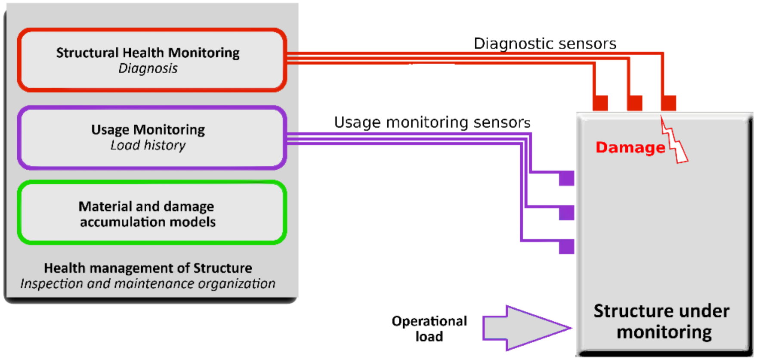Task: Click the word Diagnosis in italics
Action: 148,68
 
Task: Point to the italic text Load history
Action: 148,146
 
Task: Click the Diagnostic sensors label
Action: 545,43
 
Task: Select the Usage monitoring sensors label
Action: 432,122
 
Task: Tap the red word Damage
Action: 630,147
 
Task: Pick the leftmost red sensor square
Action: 600,103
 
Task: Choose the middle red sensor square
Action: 634,103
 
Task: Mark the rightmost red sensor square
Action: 668,103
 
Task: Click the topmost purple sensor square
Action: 567,178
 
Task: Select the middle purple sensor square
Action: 567,213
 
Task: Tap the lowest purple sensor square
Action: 567,247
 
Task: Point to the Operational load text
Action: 429,329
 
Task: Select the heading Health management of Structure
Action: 148,268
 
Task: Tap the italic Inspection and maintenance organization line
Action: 148,284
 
